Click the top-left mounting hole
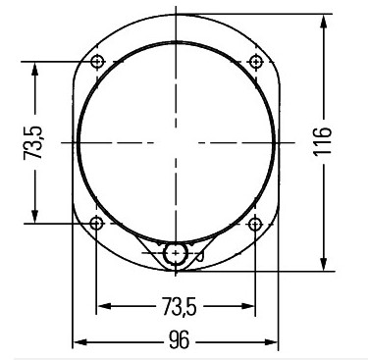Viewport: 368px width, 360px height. click(97, 61)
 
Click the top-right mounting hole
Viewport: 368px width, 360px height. click(256, 62)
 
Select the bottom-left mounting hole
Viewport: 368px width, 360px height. click(96, 224)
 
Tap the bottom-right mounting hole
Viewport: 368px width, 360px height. click(255, 224)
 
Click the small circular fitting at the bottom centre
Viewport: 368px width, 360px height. click(176, 253)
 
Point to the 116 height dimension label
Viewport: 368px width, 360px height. click(323, 142)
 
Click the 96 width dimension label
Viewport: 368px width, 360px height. click(180, 339)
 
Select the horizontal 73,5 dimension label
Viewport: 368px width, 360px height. click(180, 306)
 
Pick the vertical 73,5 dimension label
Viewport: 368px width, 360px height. click(33, 142)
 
